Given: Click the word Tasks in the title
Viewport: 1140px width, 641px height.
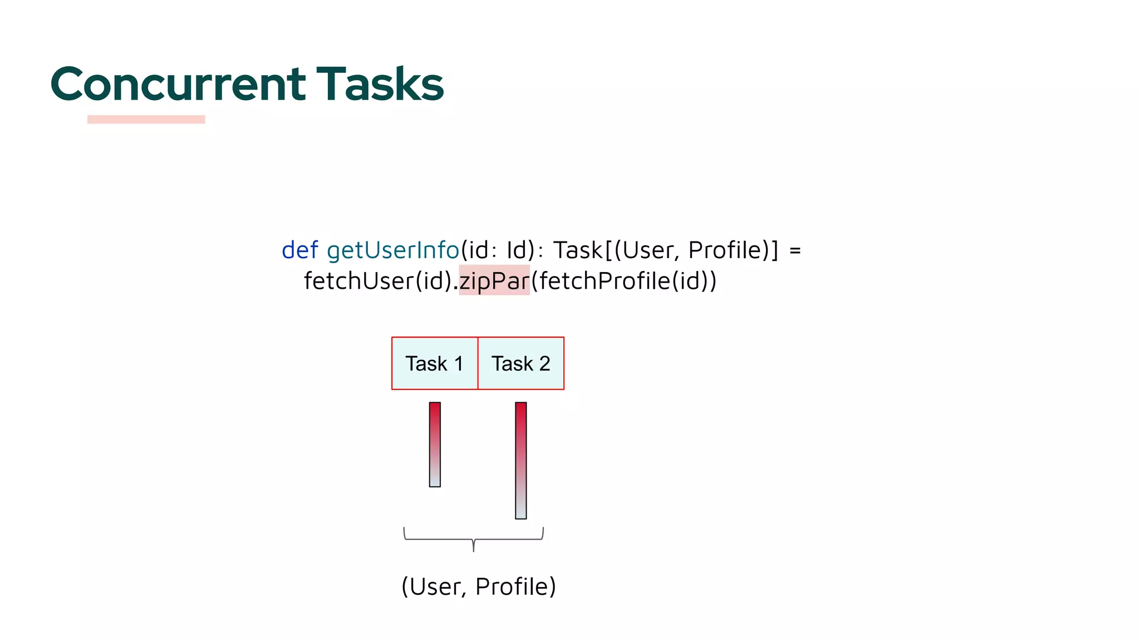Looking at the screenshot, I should click(x=380, y=85).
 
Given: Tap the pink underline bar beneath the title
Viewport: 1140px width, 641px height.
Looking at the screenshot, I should click(x=146, y=119).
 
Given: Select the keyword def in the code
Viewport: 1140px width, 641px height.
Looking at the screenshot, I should click(x=299, y=250).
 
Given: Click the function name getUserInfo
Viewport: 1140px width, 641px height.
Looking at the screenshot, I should click(x=392, y=250).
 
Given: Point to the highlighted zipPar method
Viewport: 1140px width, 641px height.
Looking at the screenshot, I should click(x=494, y=281).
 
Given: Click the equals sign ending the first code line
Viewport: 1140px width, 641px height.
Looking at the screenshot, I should click(x=795, y=251).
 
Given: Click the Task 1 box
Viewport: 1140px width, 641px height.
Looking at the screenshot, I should click(x=434, y=363).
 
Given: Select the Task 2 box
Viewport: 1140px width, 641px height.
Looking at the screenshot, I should click(x=520, y=363).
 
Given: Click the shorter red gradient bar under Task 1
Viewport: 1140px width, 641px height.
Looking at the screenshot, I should click(x=435, y=444).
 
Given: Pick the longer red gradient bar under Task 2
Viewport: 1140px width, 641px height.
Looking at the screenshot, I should click(x=520, y=460).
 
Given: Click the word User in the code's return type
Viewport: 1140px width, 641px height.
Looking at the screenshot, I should click(x=648, y=250).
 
